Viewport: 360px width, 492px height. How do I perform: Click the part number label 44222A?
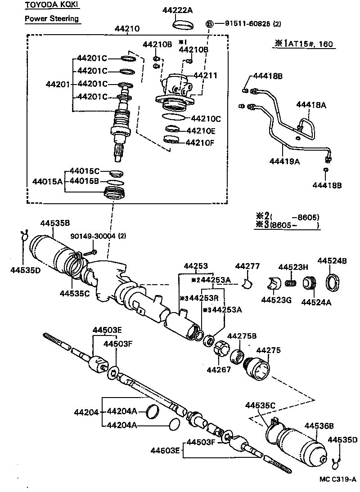coord(178,10)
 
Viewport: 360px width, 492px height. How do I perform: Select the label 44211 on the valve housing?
coord(205,76)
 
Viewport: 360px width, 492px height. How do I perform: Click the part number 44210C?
coord(206,119)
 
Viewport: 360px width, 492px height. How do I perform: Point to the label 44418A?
coord(311,105)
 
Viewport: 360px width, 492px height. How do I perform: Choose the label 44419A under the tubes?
coord(285,160)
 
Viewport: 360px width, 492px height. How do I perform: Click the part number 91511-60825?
coord(243,23)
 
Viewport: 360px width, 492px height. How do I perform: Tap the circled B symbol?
coord(209,24)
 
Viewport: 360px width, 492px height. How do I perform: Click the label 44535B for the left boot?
coord(55,223)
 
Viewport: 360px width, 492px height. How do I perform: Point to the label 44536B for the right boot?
coord(319,425)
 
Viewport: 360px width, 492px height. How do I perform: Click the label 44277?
coord(247,267)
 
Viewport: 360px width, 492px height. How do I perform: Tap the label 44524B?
coord(332,261)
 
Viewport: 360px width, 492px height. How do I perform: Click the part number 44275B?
coord(242,336)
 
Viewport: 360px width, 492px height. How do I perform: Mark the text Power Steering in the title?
coord(52,18)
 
